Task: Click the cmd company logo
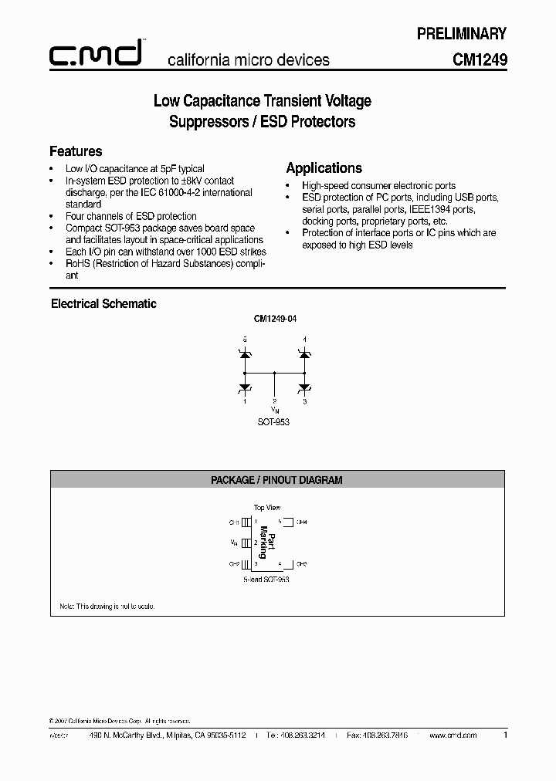coord(95,54)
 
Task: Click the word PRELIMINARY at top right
coord(462,33)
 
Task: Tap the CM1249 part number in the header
coord(479,59)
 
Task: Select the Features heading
coord(76,151)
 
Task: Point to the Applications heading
coord(324,168)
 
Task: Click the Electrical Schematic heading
coord(103,304)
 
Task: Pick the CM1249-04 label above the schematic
coord(275,318)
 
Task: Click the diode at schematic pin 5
coord(246,353)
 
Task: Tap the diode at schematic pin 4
coord(304,353)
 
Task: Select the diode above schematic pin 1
coord(246,386)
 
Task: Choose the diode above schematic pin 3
coord(304,386)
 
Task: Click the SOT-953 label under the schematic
coord(274,423)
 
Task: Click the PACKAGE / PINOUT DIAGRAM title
coord(276,480)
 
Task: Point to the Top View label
coord(267,508)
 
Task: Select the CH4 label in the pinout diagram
coord(301,522)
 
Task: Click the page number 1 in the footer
coord(505,735)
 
